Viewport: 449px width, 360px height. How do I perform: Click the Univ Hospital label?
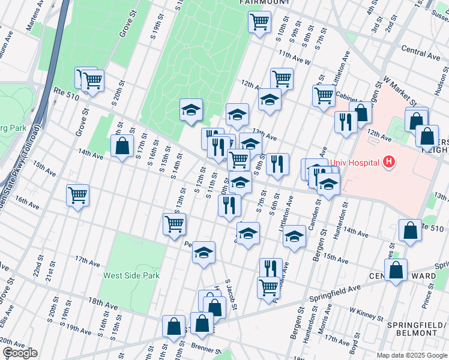click(354, 163)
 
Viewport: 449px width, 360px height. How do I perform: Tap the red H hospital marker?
click(389, 161)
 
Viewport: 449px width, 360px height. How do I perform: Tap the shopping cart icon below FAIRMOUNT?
click(259, 22)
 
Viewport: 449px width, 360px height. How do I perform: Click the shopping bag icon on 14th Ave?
click(122, 145)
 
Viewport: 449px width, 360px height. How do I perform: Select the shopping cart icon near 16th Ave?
click(77, 194)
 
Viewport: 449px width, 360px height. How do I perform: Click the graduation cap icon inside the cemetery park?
click(191, 109)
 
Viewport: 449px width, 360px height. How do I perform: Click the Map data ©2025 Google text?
click(411, 355)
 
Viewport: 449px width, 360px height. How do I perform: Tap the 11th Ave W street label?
click(294, 58)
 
